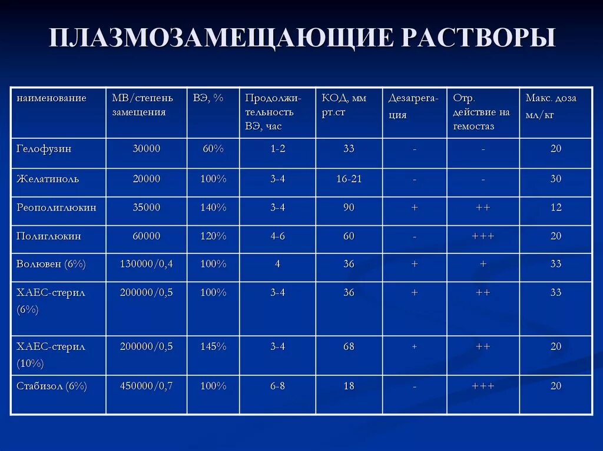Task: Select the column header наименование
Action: click(x=51, y=98)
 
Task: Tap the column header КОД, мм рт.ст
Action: click(x=344, y=105)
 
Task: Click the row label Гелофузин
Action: click(x=44, y=149)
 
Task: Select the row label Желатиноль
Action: click(x=48, y=179)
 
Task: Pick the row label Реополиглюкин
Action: click(x=57, y=208)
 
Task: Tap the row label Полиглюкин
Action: click(x=49, y=236)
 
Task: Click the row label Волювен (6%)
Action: click(x=51, y=264)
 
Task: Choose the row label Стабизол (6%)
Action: click(x=52, y=386)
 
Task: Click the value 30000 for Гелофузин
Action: click(x=146, y=149)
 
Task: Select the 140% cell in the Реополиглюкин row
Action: click(x=213, y=208)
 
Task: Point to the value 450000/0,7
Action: click(x=146, y=386)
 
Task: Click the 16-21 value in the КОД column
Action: click(x=349, y=179)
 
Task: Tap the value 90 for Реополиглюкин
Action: click(x=349, y=208)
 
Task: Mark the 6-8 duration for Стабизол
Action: click(x=277, y=386)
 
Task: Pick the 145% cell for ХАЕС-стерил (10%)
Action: click(x=213, y=347)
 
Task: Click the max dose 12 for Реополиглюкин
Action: click(x=555, y=208)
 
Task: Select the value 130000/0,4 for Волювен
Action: click(x=146, y=264)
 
